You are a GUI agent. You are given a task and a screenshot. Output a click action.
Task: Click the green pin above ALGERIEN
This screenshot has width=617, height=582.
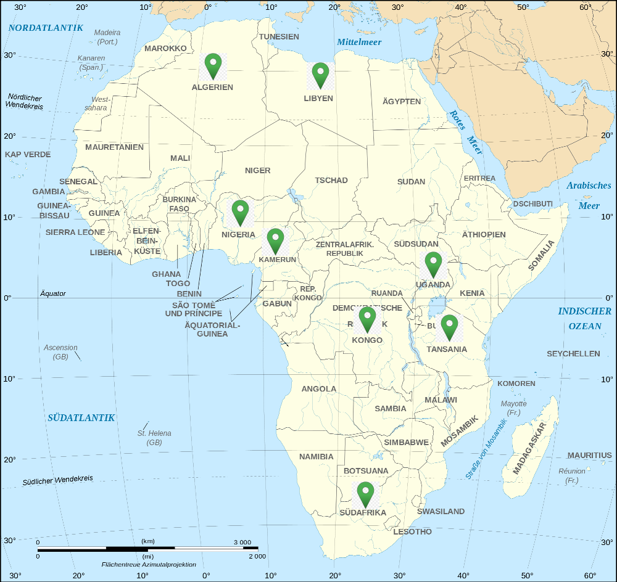coord(213,65)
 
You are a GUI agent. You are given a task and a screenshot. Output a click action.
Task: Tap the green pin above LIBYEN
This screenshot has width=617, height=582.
coord(320,75)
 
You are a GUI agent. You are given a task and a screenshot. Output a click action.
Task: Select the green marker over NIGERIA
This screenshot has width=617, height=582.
coord(240,211)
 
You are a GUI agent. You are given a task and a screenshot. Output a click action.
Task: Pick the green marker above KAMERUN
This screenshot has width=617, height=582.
coord(275,240)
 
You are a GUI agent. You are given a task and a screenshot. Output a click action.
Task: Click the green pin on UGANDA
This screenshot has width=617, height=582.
coord(433,264)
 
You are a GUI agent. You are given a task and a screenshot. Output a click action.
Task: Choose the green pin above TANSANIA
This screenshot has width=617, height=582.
coord(449,327)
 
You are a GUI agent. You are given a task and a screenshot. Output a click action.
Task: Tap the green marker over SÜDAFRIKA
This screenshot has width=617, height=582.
coord(365,494)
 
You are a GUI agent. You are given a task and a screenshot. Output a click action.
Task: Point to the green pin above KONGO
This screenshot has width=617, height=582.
coord(368,319)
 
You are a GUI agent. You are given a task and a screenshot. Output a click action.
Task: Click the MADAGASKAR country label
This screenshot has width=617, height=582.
coord(529,448)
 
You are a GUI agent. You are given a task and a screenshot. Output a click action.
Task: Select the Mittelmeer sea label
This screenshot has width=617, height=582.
coord(359,42)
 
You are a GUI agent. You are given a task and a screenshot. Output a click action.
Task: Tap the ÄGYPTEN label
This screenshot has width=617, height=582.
coord(402,101)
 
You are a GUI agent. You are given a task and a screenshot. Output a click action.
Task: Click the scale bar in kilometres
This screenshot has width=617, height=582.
coord(147,547)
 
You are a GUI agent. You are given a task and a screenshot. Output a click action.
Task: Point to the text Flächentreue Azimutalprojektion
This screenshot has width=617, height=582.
coord(149,564)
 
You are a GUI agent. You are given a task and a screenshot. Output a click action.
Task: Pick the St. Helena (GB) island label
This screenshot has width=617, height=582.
coord(154,438)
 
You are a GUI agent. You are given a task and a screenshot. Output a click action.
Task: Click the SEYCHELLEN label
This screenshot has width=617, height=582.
coord(573,354)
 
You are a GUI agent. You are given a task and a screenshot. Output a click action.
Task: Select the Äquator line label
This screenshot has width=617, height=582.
coord(53,293)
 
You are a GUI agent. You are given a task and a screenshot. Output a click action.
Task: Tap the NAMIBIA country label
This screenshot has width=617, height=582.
coord(316,457)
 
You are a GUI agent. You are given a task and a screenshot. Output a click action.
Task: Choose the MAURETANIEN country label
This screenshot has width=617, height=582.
coord(114,147)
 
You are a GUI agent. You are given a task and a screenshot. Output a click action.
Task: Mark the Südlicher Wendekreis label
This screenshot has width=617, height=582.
coord(57,480)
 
